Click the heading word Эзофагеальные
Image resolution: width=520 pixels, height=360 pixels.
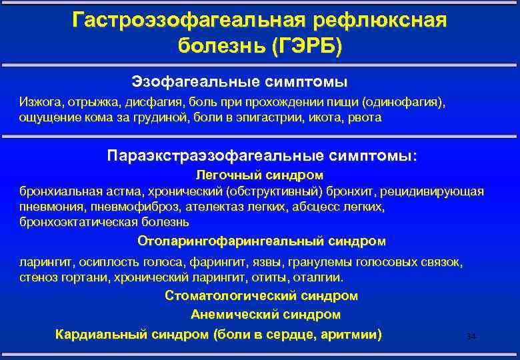[187, 81]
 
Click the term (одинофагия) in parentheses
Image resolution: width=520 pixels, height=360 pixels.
[407, 103]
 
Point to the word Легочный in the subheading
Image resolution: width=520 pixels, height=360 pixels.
[223, 175]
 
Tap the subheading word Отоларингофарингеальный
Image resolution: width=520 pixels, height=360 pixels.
[231, 240]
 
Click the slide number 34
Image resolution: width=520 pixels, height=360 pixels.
[471, 337]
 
